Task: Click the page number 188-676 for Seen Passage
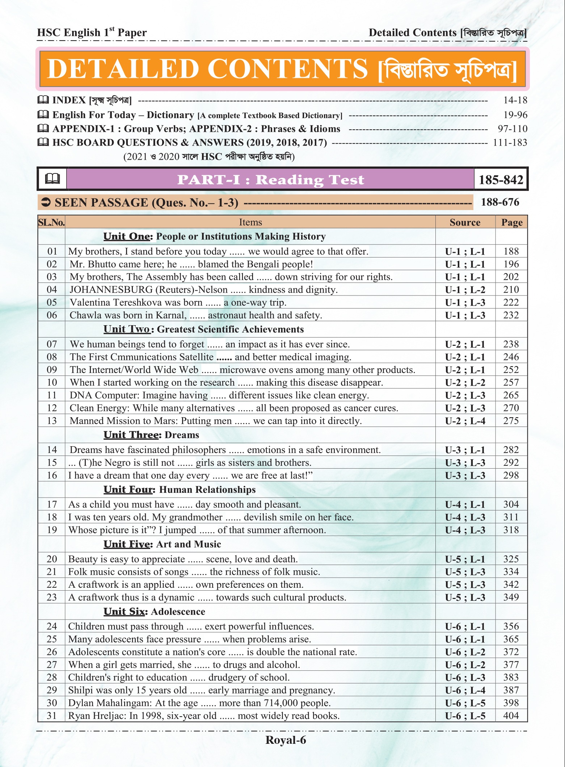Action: pos(500,202)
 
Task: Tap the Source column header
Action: pos(465,222)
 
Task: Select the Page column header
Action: pos(511,222)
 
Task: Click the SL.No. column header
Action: pos(51,222)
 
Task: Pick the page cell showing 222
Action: pos(511,302)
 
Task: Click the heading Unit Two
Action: pos(126,329)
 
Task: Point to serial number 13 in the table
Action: pos(52,421)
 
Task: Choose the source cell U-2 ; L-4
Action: pos(465,421)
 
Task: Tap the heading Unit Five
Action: pos(126,544)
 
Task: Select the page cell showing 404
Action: pos(511,716)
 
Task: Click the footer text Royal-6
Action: pos(286,740)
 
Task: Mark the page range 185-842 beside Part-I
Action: pos(501,180)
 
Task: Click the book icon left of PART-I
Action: pos(52,179)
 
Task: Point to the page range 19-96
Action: pos(515,115)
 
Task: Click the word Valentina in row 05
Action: pos(91,302)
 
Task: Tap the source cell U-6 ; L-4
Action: pos(465,690)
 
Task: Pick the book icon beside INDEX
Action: pos(43,100)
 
